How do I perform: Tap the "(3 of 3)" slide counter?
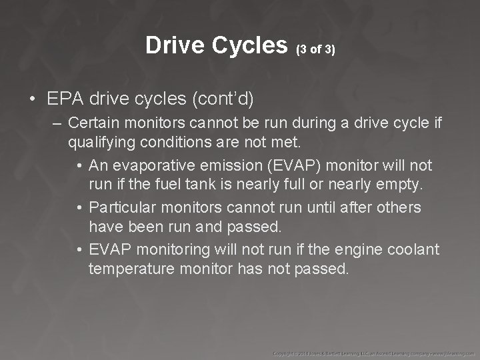pos(315,49)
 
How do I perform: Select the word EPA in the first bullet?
pos(64,99)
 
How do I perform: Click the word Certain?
pos(94,123)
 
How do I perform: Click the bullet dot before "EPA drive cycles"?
pos(33,100)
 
